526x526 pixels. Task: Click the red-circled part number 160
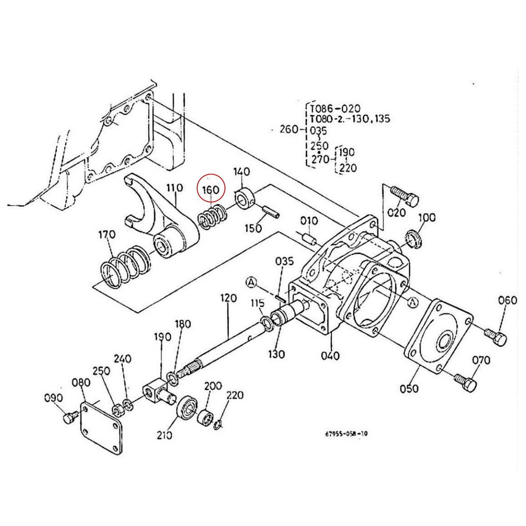pos(210,190)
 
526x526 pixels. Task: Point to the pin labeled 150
pos(272,212)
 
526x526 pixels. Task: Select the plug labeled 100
pos(414,238)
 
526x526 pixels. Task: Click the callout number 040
pos(330,355)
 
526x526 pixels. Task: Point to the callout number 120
pos(228,299)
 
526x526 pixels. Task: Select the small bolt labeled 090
pos(69,418)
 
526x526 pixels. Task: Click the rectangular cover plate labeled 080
pos(100,425)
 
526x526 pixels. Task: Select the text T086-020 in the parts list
pos(335,108)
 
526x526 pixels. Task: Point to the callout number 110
pos(174,188)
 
